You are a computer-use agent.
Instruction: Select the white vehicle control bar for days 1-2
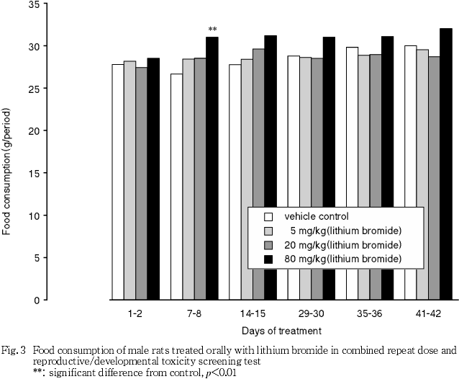click(x=117, y=181)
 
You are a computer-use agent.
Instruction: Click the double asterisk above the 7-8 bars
click(x=212, y=30)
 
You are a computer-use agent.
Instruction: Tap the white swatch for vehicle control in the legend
click(x=268, y=217)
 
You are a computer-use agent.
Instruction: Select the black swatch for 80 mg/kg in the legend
click(x=268, y=258)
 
